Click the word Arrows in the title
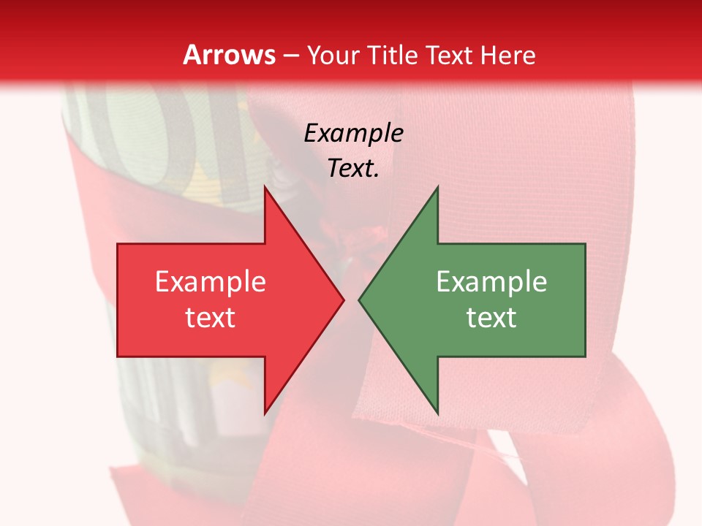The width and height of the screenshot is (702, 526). tap(229, 55)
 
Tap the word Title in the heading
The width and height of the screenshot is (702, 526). tap(392, 55)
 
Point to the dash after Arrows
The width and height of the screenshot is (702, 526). tap(291, 56)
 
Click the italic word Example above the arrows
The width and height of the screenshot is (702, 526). tap(353, 133)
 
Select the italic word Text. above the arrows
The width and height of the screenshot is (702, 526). tap(353, 169)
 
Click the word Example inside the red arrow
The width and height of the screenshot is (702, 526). tap(211, 281)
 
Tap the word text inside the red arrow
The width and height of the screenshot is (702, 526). tap(211, 317)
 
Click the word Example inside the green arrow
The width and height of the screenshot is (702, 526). tap(491, 281)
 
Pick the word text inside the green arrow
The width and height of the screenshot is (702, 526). tap(491, 317)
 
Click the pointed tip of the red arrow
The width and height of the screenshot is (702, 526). tap(343, 300)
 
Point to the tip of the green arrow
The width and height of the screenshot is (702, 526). tap(360, 300)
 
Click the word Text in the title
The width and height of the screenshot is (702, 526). tap(450, 55)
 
